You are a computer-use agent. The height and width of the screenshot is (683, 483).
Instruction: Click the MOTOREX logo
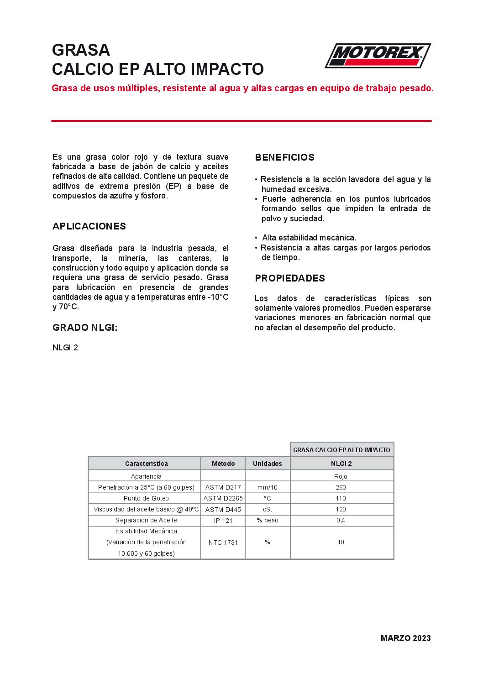[x=378, y=56]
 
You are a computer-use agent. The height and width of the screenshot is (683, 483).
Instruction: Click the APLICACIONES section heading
[x=89, y=226]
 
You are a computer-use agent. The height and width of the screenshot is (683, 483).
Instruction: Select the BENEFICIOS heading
[x=284, y=157]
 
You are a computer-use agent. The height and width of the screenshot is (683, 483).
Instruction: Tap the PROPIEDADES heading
[x=290, y=278]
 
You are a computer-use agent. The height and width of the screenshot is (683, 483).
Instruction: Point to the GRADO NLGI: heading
[x=85, y=328]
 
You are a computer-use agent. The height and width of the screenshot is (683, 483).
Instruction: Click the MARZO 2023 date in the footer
[x=405, y=638]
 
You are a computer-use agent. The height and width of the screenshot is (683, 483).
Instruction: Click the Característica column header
[x=146, y=464]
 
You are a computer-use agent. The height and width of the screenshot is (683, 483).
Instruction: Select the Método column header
[x=223, y=464]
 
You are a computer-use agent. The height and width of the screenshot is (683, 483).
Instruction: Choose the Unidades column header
[x=268, y=464]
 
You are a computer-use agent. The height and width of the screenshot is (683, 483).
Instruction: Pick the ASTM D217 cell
[x=223, y=487]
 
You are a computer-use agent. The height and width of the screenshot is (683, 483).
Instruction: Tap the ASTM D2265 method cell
[x=223, y=498]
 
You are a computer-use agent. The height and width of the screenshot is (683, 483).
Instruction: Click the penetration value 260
[x=341, y=487]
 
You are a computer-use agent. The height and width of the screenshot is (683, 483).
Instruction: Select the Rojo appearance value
[x=341, y=476]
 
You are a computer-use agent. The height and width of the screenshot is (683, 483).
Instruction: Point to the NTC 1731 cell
[x=223, y=542]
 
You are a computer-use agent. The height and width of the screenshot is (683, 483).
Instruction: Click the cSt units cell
[x=268, y=509]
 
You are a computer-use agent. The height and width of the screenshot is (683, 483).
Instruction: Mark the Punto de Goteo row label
[x=146, y=498]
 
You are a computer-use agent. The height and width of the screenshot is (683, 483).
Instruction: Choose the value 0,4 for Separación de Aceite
[x=341, y=520]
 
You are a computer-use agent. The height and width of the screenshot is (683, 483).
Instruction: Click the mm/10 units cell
[x=268, y=487]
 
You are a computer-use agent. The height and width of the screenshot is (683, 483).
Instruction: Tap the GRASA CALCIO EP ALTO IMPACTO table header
[x=341, y=450]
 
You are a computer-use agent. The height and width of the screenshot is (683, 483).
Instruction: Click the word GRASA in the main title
[x=81, y=50]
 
